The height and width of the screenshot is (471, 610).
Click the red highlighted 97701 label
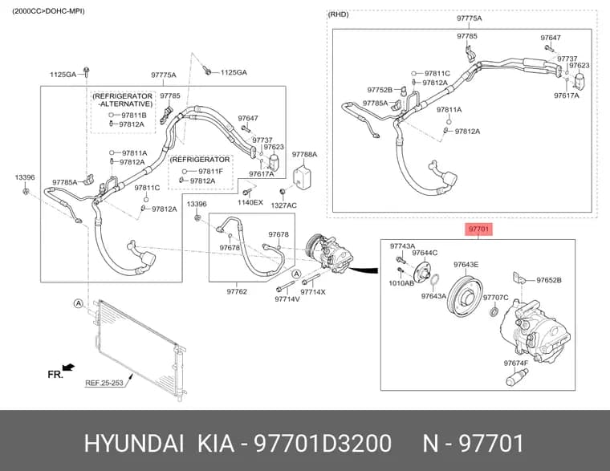pyautogui.click(x=478, y=229)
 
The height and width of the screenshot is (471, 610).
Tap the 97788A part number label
pyautogui.click(x=304, y=154)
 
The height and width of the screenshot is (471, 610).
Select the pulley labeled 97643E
pyautogui.click(x=465, y=295)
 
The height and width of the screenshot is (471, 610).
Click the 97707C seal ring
pyautogui.click(x=494, y=312)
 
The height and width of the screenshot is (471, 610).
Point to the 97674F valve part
pyautogui.click(x=517, y=377)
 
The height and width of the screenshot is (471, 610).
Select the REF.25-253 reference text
pyautogui.click(x=104, y=383)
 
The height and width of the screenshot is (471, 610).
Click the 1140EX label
pyautogui.click(x=250, y=202)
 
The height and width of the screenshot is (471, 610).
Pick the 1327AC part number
pyautogui.click(x=283, y=205)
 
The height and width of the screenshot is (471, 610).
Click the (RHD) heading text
pyautogui.click(x=339, y=14)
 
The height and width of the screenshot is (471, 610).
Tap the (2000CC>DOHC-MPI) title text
pyautogui.click(x=48, y=11)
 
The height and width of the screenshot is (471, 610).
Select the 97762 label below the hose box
pyautogui.click(x=237, y=291)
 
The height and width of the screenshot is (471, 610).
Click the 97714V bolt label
pyautogui.click(x=287, y=299)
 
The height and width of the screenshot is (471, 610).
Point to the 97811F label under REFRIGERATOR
pyautogui.click(x=210, y=171)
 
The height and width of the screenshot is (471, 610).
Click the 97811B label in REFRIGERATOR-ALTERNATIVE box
pyautogui.click(x=134, y=115)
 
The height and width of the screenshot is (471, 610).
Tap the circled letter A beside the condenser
pyautogui.click(x=79, y=303)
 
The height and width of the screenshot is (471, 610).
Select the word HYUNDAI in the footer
pyautogui.click(x=134, y=444)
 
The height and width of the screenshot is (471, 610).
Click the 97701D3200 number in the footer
pyautogui.click(x=323, y=444)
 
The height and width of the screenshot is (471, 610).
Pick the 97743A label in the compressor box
pyautogui.click(x=403, y=246)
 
